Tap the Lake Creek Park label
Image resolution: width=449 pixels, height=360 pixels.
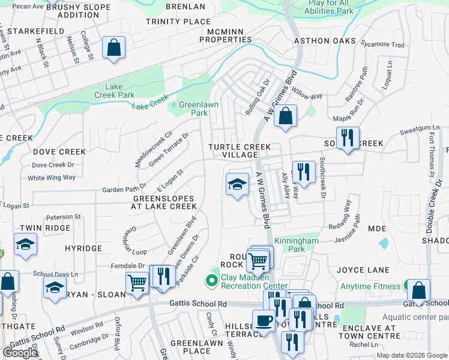click(114, 91)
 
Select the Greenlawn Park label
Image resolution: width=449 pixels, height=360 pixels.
click(194, 108)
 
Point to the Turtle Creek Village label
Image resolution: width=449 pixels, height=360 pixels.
click(240, 151)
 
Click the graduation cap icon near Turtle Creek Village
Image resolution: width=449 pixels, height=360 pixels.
click(238, 184)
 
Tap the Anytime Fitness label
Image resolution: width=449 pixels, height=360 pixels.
click(370, 286)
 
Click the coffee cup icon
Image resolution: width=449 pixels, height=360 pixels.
click(263, 320)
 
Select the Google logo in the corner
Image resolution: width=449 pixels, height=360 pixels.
click(20, 353)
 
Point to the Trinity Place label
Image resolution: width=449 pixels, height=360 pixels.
click(178, 22)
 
